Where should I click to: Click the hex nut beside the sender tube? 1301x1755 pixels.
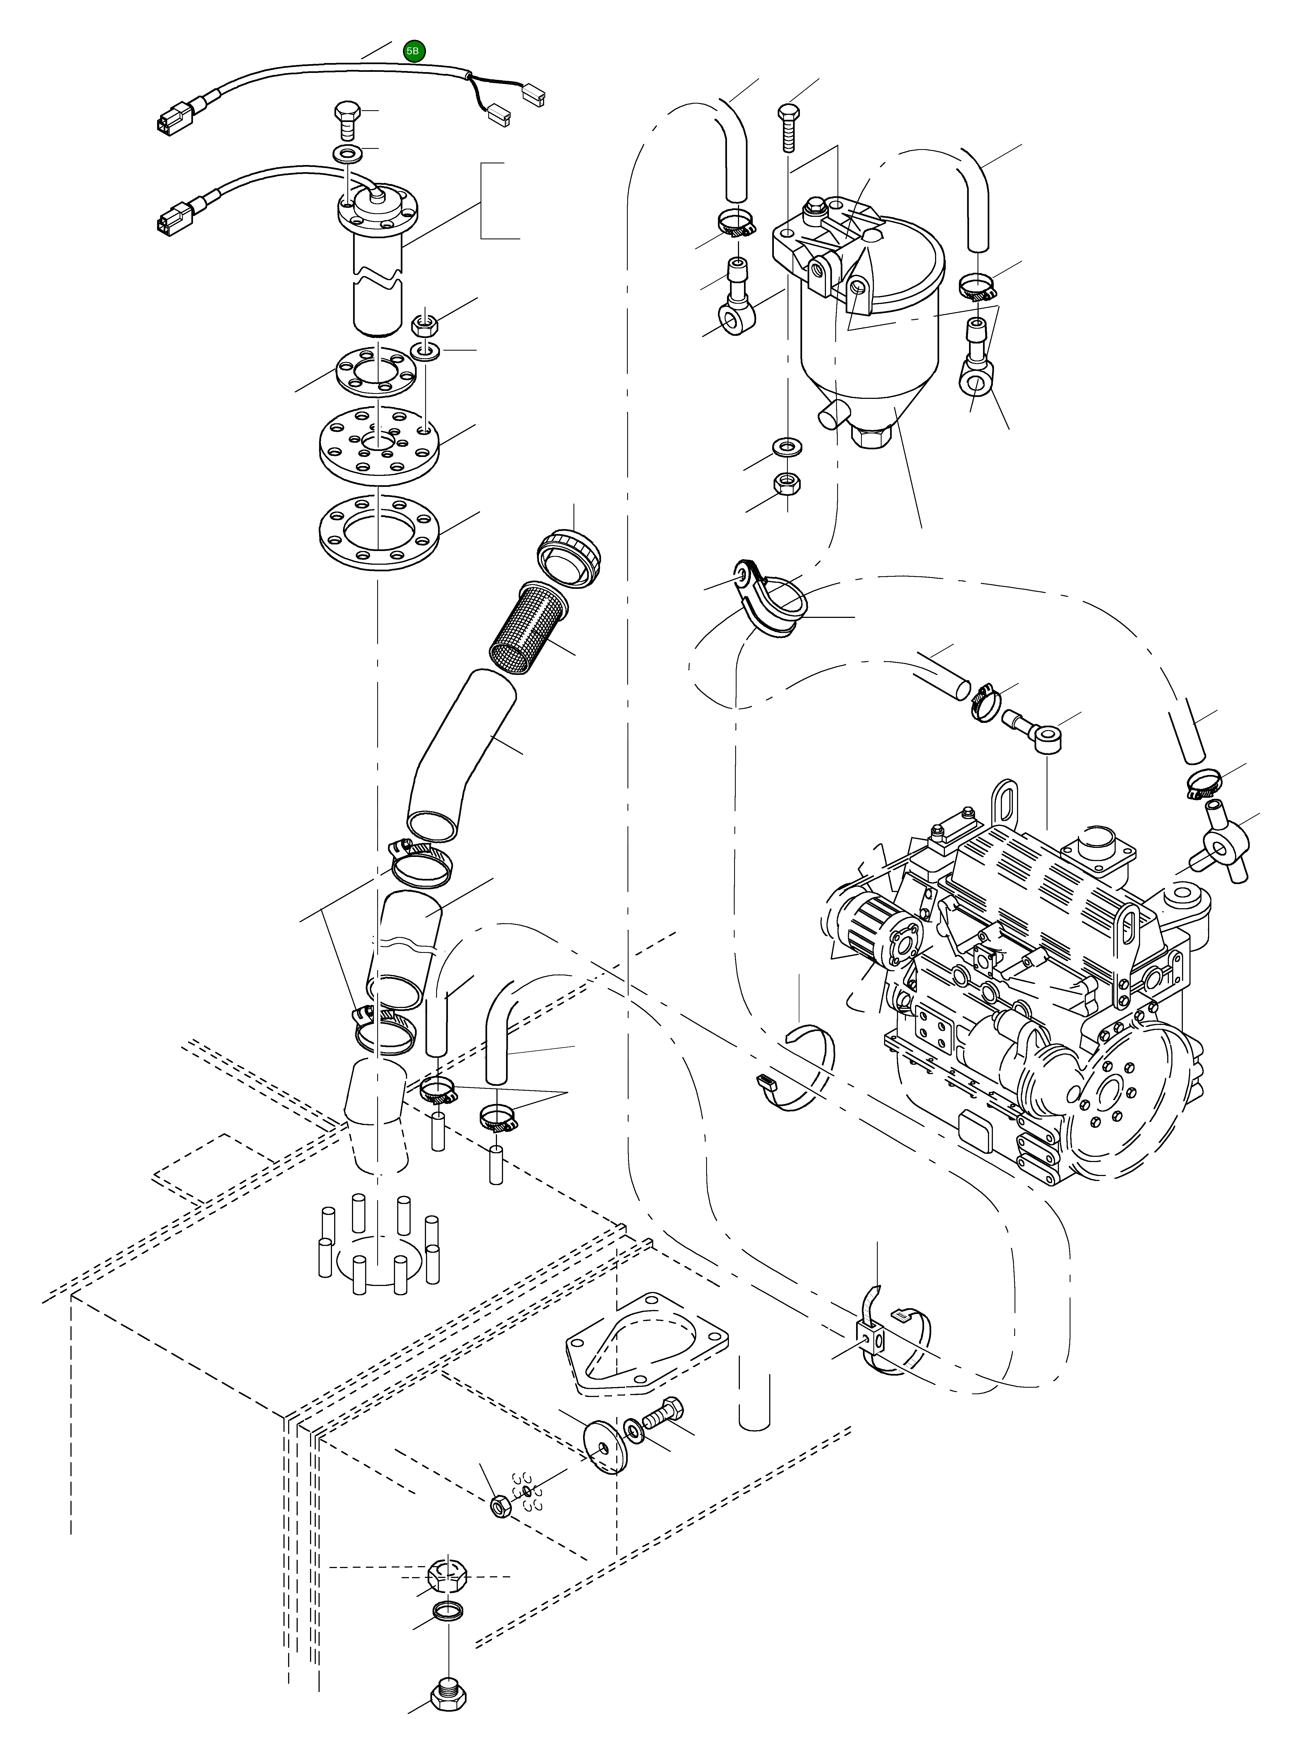(425, 323)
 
